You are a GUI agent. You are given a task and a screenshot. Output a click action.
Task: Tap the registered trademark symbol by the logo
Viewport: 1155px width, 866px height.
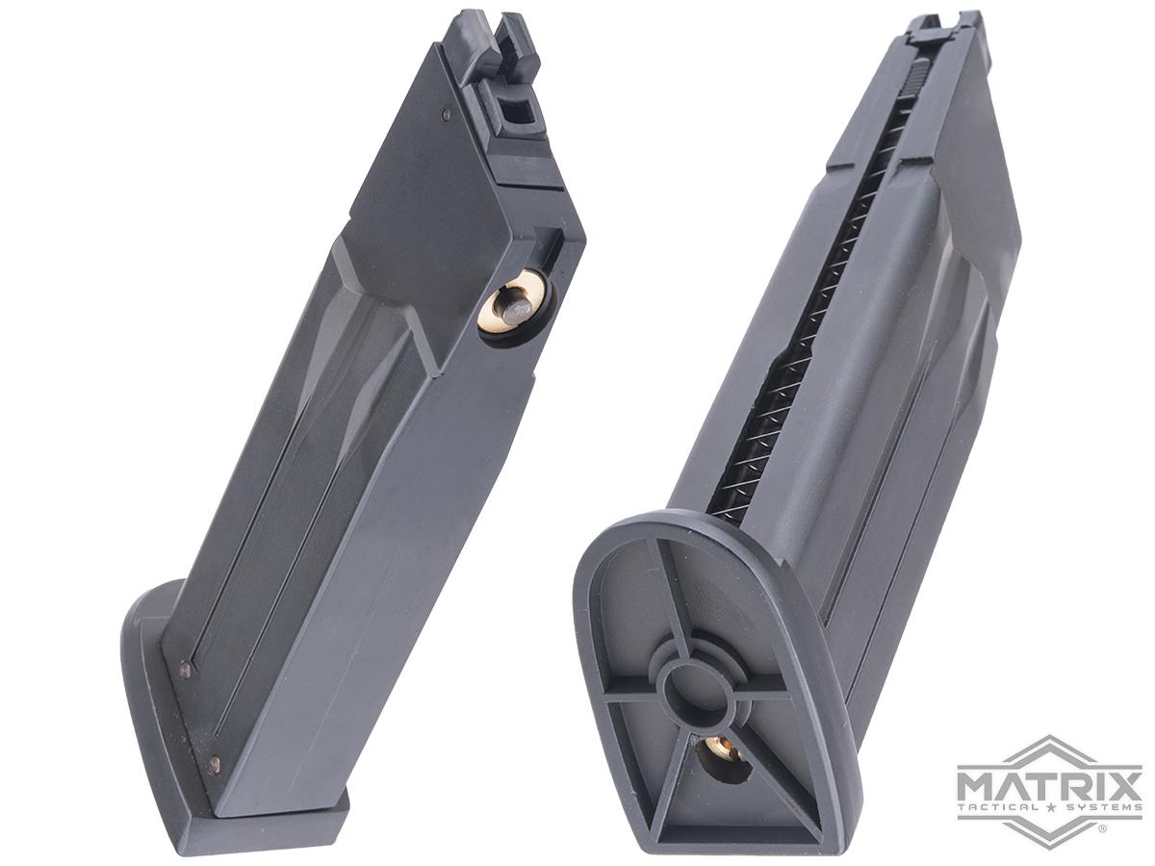(x=1101, y=828)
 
